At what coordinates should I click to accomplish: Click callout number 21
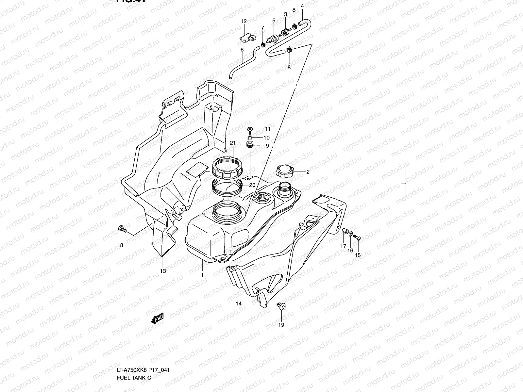(233, 143)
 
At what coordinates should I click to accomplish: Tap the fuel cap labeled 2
(285, 171)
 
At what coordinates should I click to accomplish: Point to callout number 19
(281, 325)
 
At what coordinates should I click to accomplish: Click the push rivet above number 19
(282, 305)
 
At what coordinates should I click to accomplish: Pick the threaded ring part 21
(228, 167)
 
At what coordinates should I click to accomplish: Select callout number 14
(239, 303)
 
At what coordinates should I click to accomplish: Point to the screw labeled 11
(250, 129)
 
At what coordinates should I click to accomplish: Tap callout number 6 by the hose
(242, 50)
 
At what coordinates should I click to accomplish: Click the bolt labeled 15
(357, 239)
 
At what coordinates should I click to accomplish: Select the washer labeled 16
(350, 235)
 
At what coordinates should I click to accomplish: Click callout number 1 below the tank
(202, 275)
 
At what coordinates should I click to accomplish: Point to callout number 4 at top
(302, 6)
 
